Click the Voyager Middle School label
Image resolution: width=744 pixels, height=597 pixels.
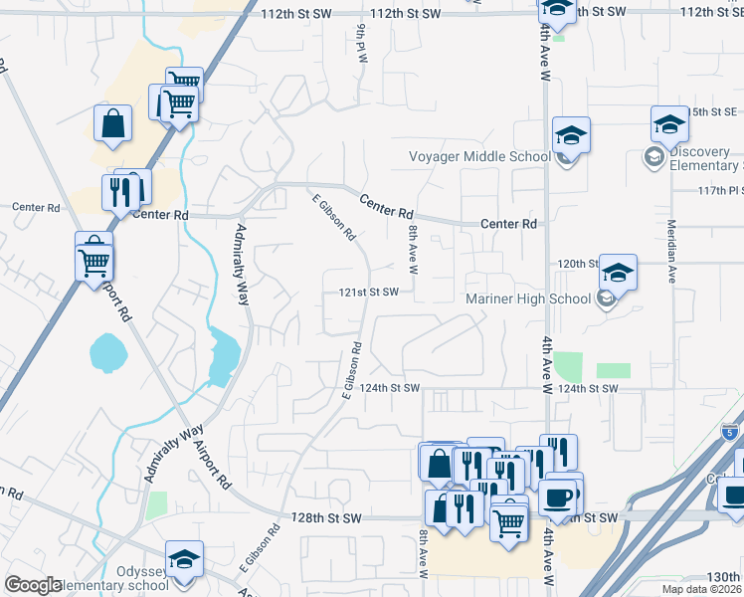(x=479, y=156)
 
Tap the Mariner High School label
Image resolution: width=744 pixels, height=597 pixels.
(x=528, y=298)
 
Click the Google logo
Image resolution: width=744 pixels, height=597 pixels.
(x=33, y=585)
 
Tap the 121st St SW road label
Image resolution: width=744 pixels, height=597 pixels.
(x=369, y=293)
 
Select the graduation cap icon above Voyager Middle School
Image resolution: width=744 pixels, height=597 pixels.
(x=571, y=135)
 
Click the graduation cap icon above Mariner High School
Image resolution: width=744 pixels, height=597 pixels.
(x=618, y=272)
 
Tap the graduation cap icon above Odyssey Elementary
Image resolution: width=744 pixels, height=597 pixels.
(x=184, y=559)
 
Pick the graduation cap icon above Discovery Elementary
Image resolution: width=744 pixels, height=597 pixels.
(x=670, y=124)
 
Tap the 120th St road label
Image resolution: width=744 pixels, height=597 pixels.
(x=577, y=264)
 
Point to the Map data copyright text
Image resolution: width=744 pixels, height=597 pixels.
(x=700, y=589)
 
